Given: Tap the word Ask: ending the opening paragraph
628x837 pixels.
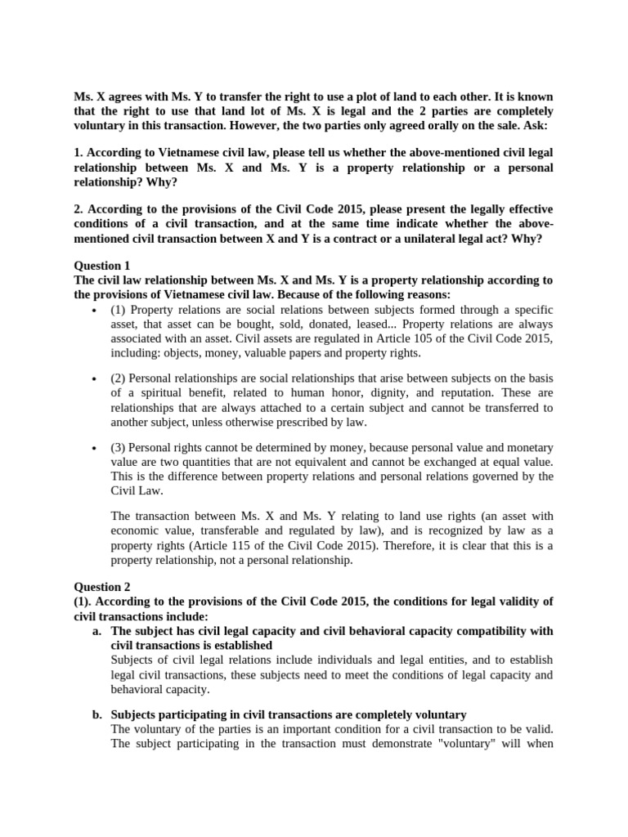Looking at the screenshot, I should point(536,127).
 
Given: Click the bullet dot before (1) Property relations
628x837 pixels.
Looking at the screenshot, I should point(96,311).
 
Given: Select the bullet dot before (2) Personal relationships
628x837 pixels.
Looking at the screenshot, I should point(96,379).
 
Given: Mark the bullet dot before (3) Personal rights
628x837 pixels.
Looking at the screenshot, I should point(96,449).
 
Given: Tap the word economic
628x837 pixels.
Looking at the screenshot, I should point(136,530).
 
